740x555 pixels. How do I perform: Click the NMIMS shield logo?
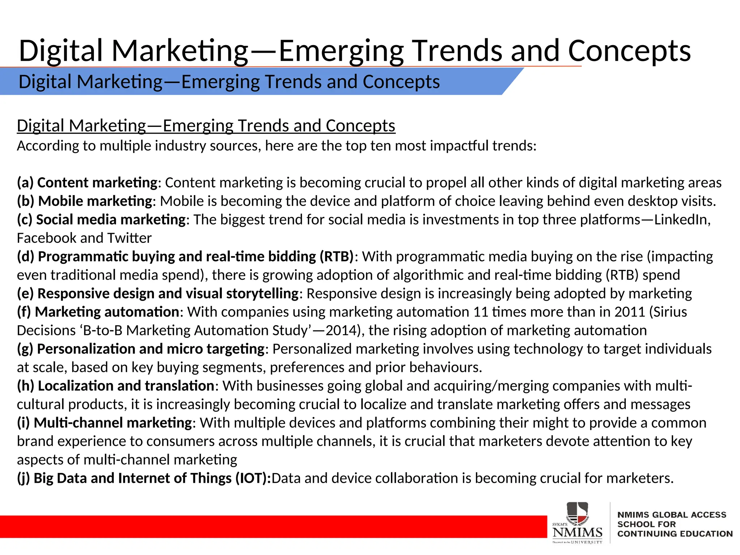[x=577, y=513]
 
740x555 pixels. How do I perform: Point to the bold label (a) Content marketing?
[x=87, y=183]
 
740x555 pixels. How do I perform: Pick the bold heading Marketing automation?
[x=107, y=312]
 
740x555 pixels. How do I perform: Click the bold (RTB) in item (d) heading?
[x=336, y=257]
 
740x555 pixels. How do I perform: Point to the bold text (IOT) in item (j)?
[x=253, y=478]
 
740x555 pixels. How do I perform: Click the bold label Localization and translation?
[x=126, y=386]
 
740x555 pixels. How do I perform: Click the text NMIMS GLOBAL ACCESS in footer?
[x=672, y=515]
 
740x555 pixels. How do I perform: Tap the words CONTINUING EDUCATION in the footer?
[x=675, y=534]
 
